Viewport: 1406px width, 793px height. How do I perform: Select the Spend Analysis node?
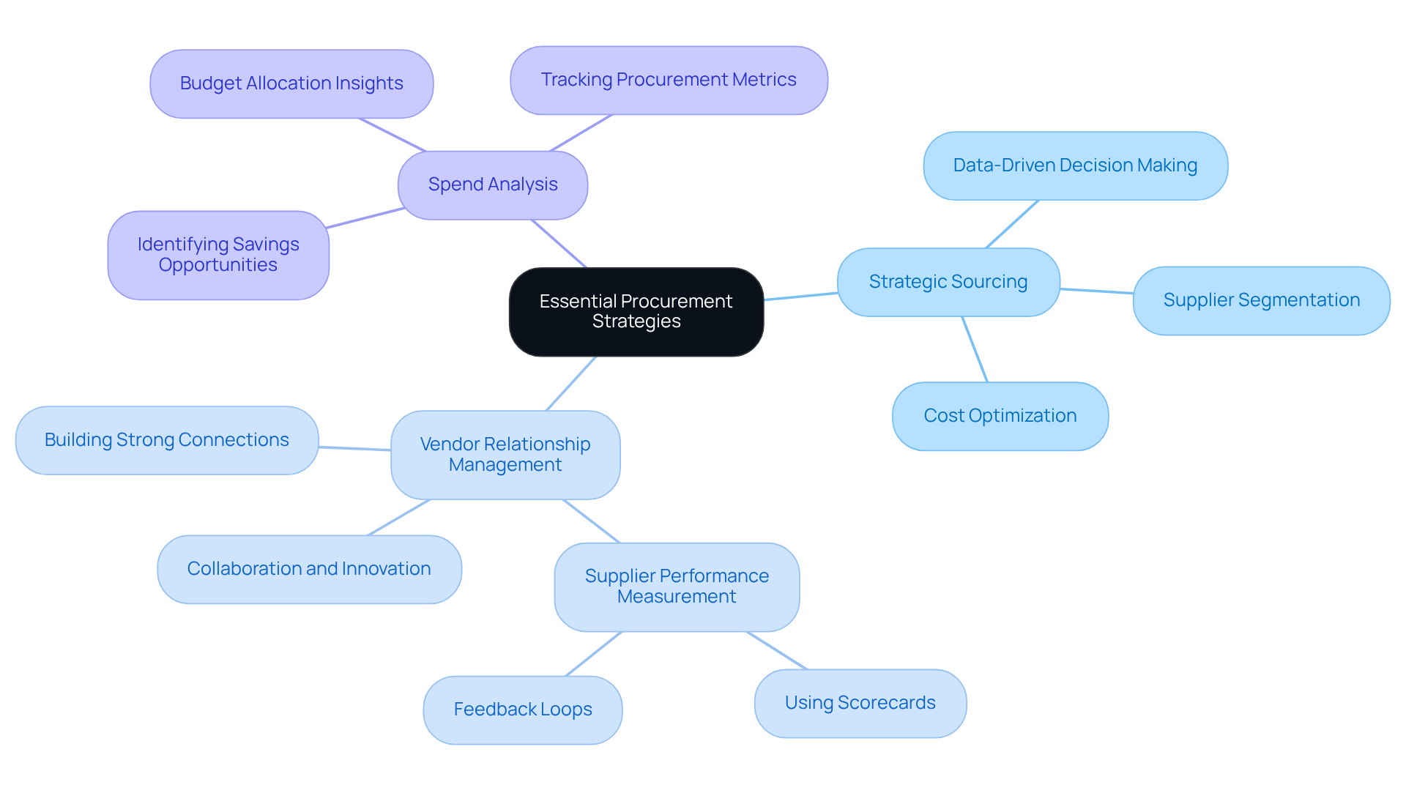[x=492, y=185]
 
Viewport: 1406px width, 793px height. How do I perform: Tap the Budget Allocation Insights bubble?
[x=291, y=83]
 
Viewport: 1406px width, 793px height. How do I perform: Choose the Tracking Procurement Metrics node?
[x=668, y=80]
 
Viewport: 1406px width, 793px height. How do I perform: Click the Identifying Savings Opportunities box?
[x=218, y=255]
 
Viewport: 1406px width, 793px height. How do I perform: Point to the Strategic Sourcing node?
[x=948, y=282]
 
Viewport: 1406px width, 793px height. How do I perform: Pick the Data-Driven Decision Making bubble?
[x=1074, y=165]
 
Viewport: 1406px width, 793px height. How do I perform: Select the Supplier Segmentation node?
[x=1260, y=300]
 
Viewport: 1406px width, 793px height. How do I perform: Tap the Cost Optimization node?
[x=1000, y=416]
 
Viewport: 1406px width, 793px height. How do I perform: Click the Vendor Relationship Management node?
[x=505, y=455]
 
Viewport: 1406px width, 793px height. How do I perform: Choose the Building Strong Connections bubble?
[x=167, y=440]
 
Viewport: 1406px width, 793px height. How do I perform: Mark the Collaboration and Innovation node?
[x=309, y=569]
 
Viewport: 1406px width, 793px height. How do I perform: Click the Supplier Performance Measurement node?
[x=676, y=587]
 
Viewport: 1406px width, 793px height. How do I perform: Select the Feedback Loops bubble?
[x=522, y=710]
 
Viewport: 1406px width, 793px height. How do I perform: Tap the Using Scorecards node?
[x=860, y=703]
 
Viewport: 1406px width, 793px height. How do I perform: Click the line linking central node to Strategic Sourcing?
[x=800, y=296]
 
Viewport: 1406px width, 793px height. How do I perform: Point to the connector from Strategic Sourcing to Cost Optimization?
[x=975, y=349]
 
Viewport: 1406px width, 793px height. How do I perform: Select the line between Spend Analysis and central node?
[x=559, y=244]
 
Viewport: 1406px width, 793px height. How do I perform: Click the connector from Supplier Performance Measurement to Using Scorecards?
[x=777, y=650]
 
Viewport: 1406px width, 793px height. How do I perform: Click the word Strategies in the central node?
[x=636, y=321]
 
